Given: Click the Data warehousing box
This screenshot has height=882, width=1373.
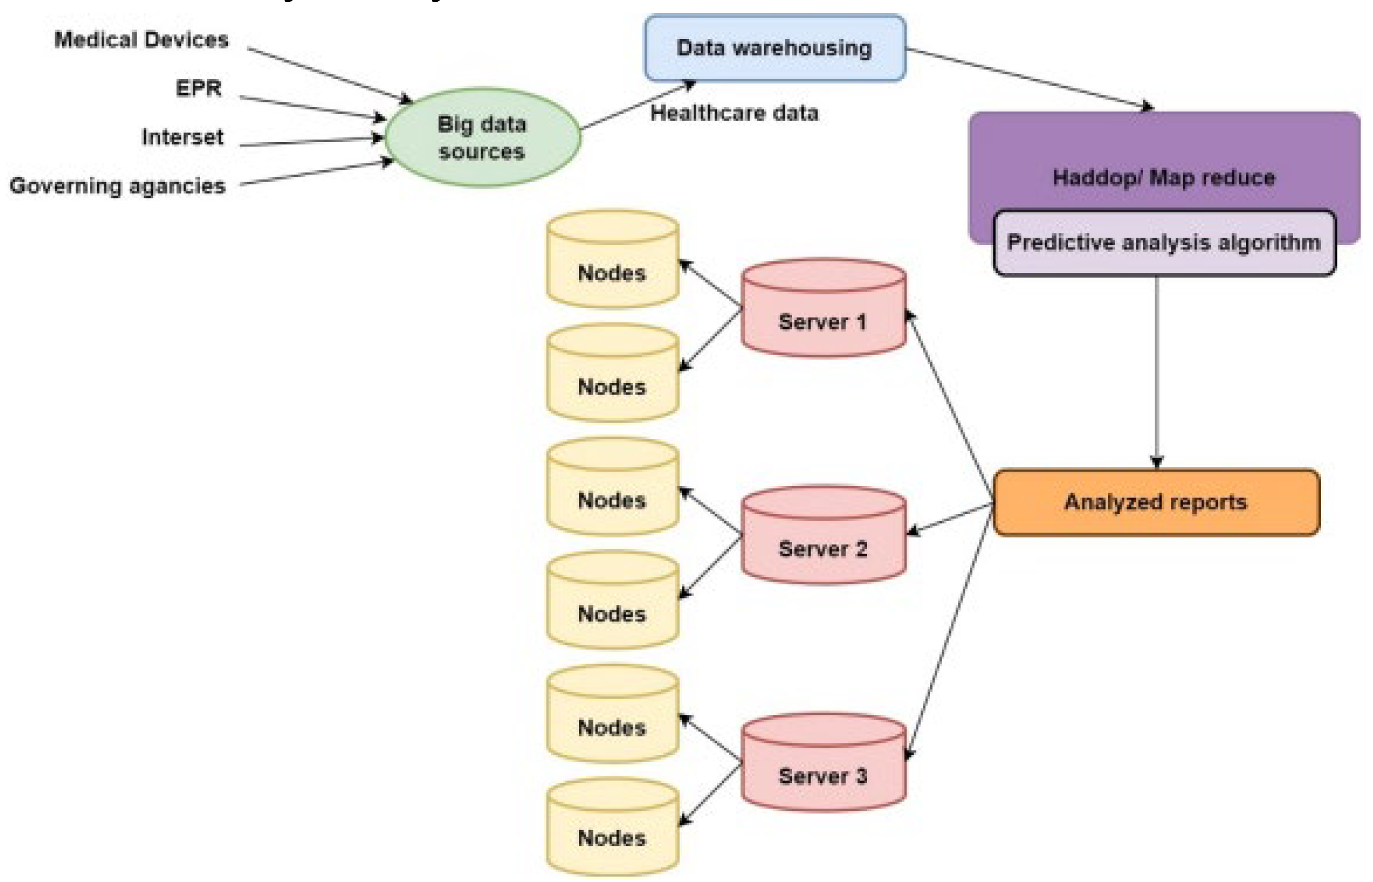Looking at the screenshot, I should [774, 48].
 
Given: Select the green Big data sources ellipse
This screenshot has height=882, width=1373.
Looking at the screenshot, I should [482, 137].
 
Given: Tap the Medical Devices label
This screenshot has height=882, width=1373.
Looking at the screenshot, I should [141, 40].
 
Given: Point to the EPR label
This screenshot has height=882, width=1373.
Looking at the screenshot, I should [199, 88].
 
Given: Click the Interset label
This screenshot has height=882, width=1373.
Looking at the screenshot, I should [182, 137].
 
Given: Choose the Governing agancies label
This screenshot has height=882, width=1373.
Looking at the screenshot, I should [118, 186].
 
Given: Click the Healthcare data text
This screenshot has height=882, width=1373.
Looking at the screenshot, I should [734, 113].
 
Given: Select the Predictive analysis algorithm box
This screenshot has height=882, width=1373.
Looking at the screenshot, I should [1164, 243].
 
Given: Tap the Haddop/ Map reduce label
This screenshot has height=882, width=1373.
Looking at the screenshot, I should [1164, 177].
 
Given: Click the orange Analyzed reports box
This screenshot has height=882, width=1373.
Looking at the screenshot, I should [1155, 502].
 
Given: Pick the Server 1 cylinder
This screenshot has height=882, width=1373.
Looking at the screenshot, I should [823, 313].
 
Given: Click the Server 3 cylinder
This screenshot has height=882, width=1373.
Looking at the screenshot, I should [823, 767].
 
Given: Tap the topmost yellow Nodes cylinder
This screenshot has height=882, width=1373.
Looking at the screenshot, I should [612, 264].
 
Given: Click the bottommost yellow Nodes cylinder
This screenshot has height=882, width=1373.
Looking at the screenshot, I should [612, 831].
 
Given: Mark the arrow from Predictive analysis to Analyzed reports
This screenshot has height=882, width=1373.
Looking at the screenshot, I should [1157, 371].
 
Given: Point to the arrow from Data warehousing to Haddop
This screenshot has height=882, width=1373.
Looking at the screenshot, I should [1029, 78].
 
